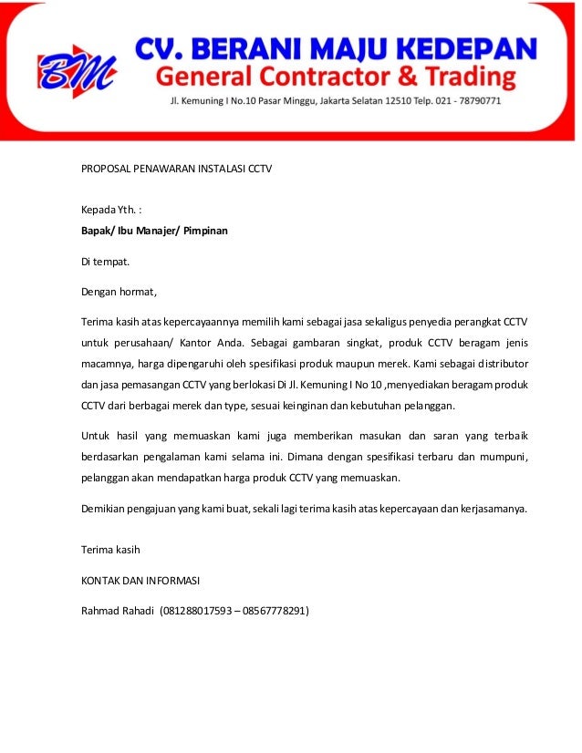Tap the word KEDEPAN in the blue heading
point(473,46)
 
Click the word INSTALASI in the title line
point(223,169)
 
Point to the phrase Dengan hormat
point(120,293)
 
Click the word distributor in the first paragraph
point(498,364)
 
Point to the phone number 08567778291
point(274,611)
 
